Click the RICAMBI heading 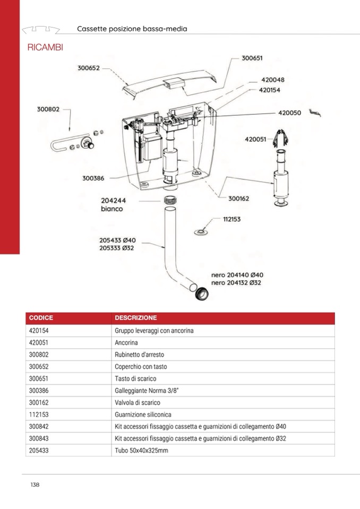click(45, 48)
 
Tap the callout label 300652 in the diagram click(89, 68)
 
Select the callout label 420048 click(273, 80)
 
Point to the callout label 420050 click(289, 113)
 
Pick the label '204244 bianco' click(113, 205)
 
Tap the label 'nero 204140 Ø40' click(237, 275)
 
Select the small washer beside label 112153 click(201, 231)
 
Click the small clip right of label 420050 click(316, 113)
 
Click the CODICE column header click(41, 318)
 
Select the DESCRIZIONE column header click(136, 318)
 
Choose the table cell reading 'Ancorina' click(126, 342)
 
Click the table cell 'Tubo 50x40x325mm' click(141, 451)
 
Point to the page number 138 click(35, 485)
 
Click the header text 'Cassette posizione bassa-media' click(132, 29)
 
